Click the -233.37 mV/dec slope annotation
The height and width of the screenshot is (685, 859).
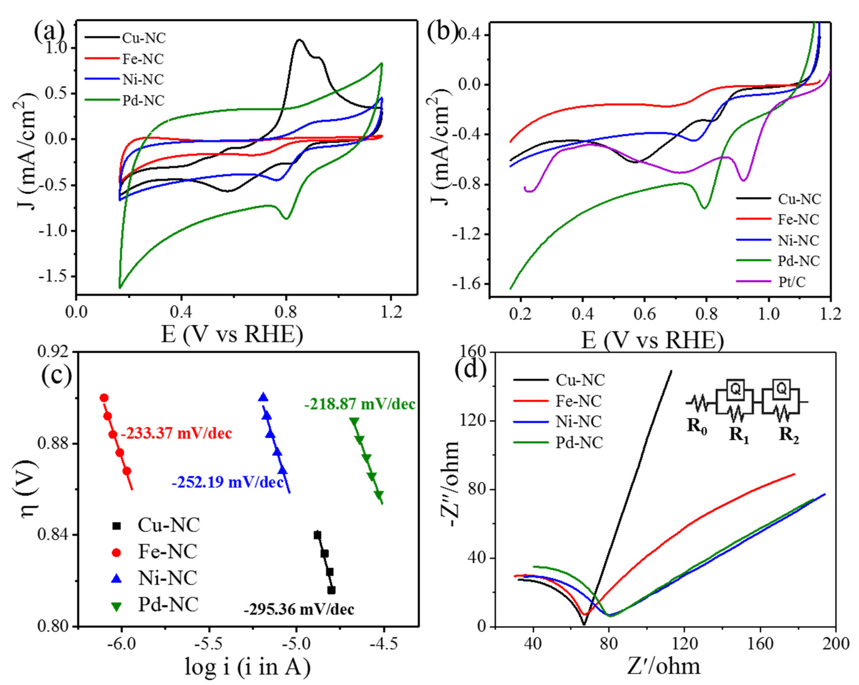pyautogui.click(x=176, y=433)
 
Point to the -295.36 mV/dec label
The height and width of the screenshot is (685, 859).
pyautogui.click(x=299, y=609)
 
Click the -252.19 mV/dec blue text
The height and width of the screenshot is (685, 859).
pyautogui.click(x=228, y=482)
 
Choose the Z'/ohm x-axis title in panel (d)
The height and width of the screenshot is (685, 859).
pyautogui.click(x=663, y=666)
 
